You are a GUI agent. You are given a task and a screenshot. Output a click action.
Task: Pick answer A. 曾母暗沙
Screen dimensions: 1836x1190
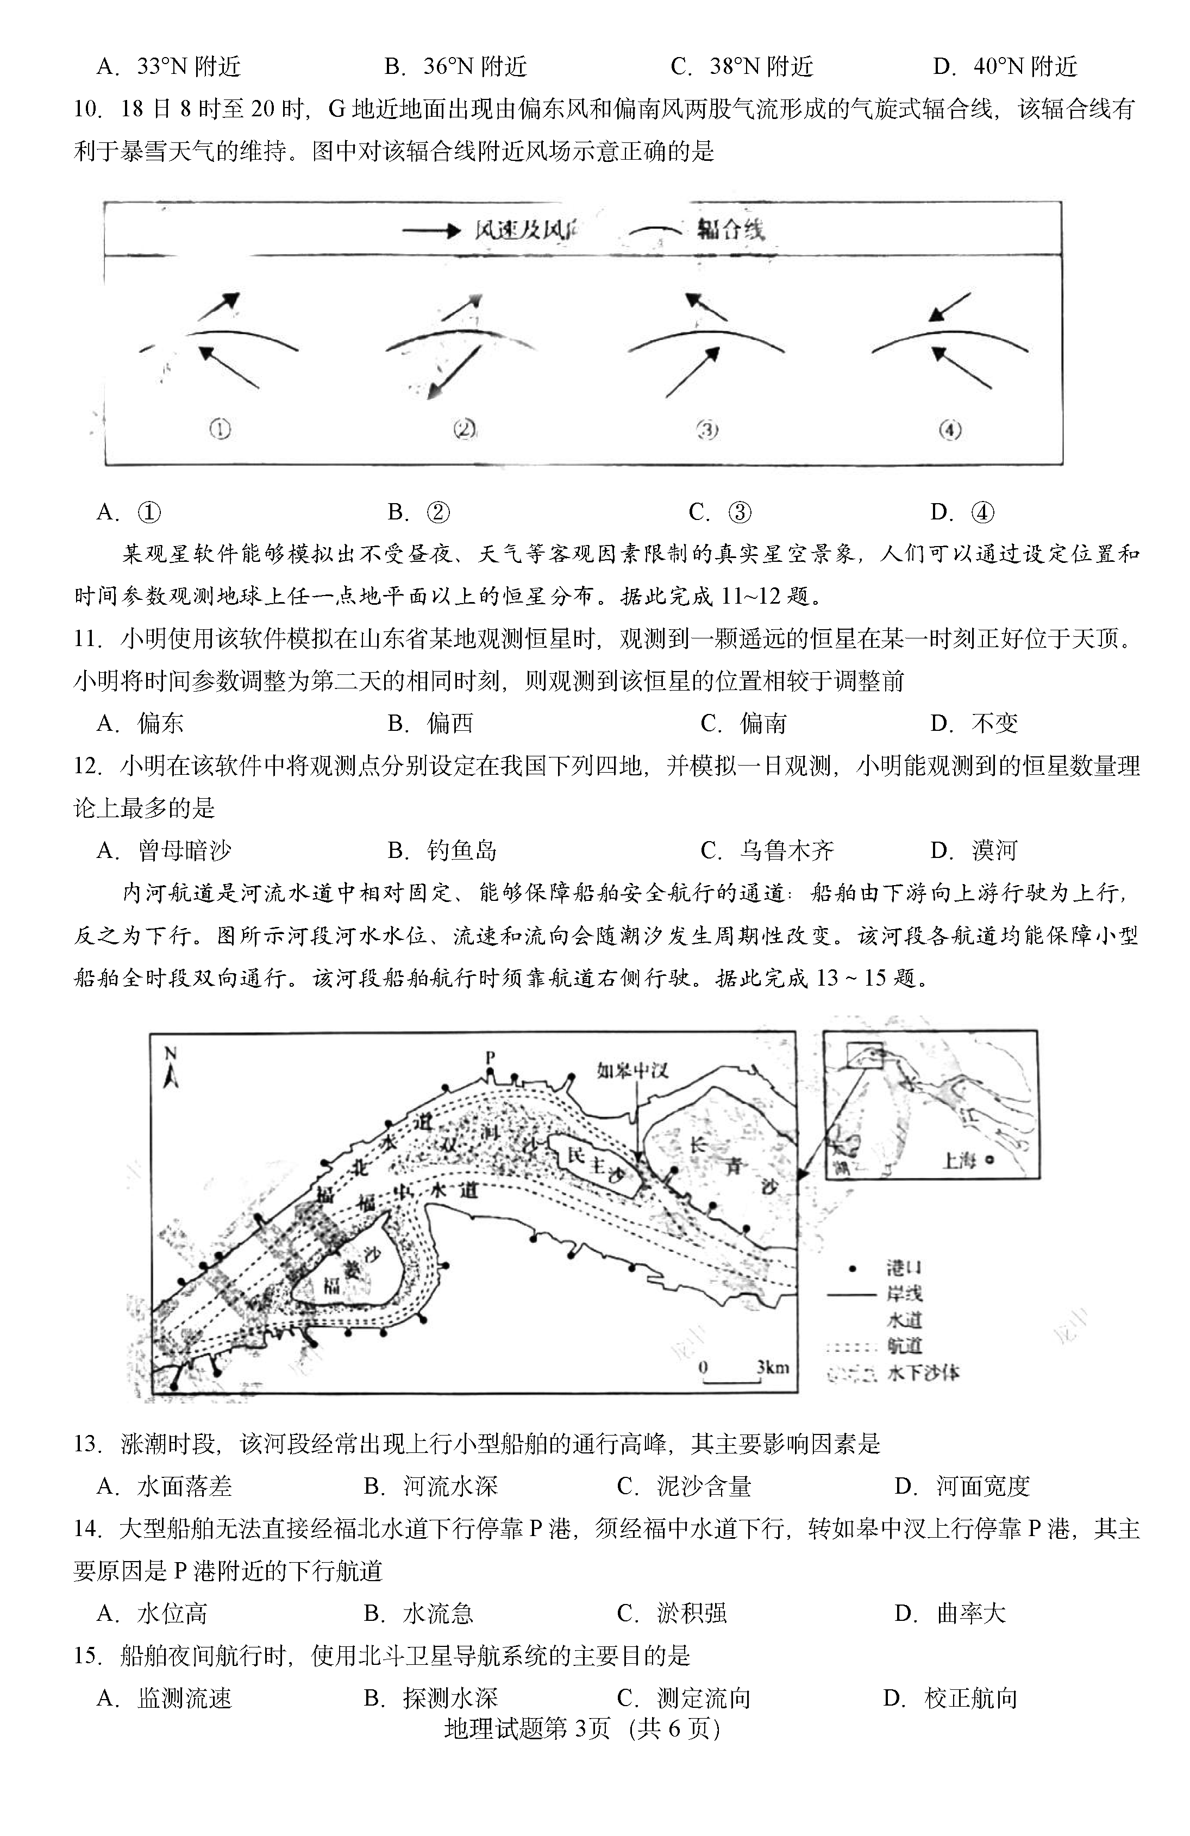[164, 850]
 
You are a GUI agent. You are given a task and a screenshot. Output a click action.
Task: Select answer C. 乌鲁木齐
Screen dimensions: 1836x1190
[767, 850]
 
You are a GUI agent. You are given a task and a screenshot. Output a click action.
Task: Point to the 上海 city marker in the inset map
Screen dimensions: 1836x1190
[989, 1161]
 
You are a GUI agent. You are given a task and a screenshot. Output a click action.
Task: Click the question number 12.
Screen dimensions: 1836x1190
[88, 766]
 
